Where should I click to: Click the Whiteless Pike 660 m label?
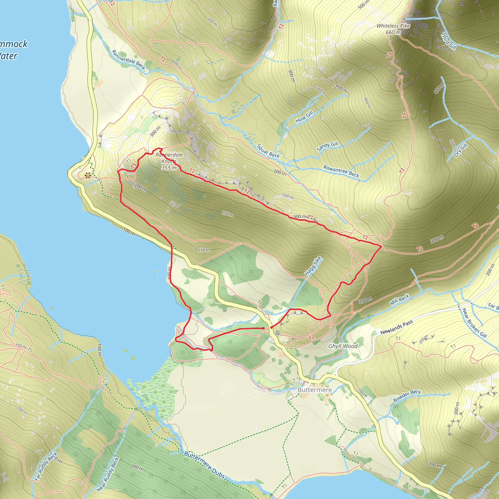pos(393,29)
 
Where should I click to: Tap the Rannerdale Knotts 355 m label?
pos(169,161)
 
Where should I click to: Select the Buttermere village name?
pos(315,390)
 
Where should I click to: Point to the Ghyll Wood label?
pos(343,346)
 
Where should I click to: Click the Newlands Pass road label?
pos(396,327)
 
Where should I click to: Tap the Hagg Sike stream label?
pos(313,266)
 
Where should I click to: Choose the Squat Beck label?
pos(268,151)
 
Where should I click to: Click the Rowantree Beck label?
pos(341,171)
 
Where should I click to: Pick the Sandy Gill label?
pos(327,146)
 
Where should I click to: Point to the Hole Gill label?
pos(304,116)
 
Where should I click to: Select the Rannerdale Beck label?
pos(129,60)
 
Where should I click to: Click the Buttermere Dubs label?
pos(204,465)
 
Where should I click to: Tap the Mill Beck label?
pos(400,300)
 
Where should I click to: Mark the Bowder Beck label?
pos(407,396)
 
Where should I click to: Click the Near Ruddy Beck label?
pos(108,474)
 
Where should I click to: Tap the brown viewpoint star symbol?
pos(88,176)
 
